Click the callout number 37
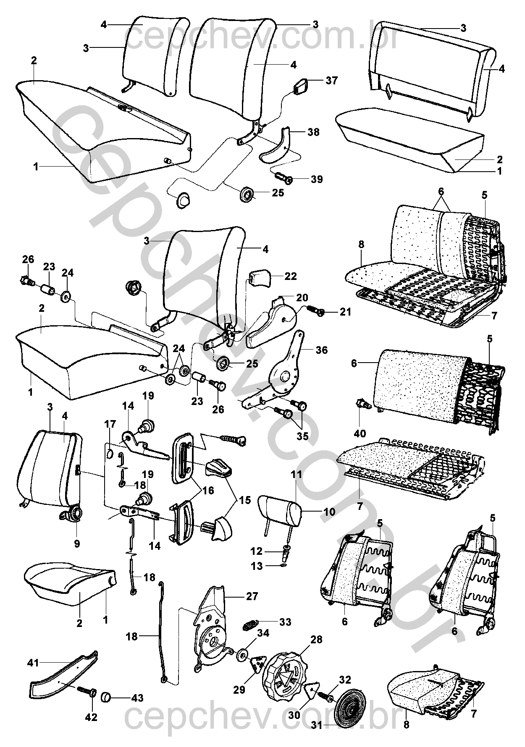point(331,81)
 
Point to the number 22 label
point(290,276)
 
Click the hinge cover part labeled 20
point(269,323)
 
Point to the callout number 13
point(256,566)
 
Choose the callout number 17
point(110,424)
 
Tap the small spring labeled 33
point(251,624)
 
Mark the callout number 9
point(76,543)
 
